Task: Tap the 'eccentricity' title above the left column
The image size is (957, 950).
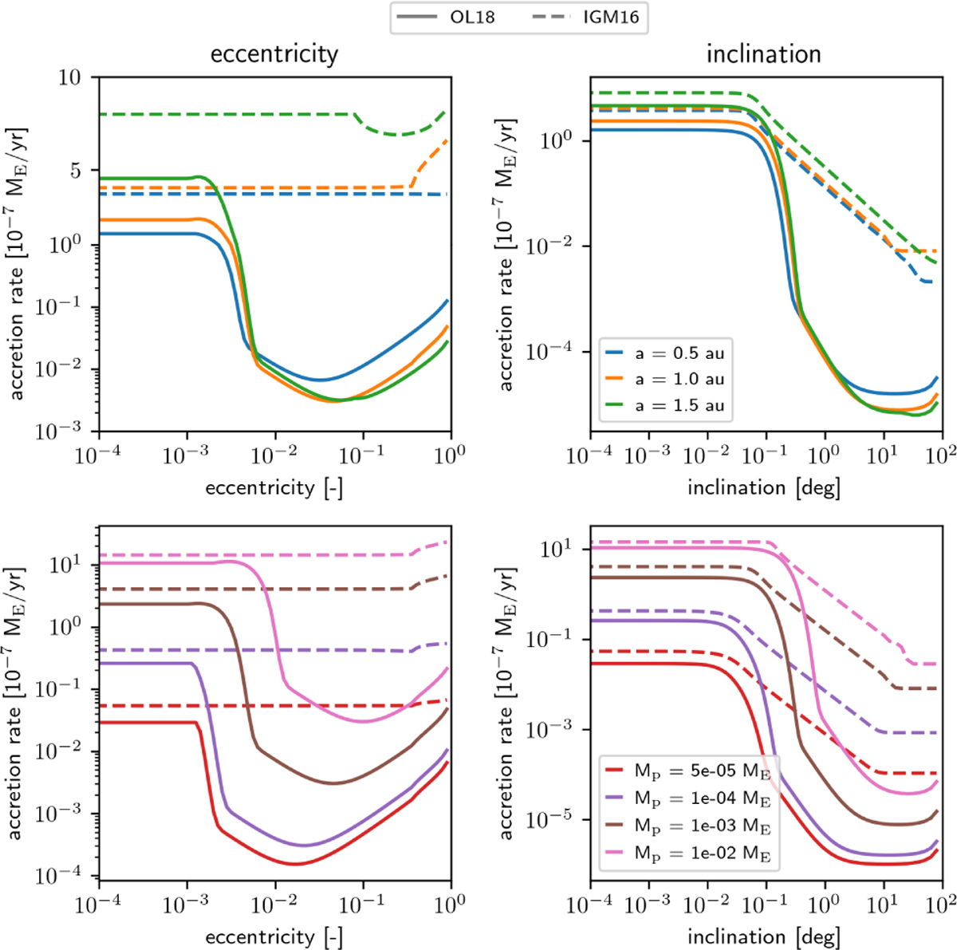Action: pos(274,53)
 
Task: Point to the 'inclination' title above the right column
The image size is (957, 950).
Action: pos(764,53)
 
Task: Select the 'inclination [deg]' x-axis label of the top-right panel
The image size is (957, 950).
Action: pos(764,487)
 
